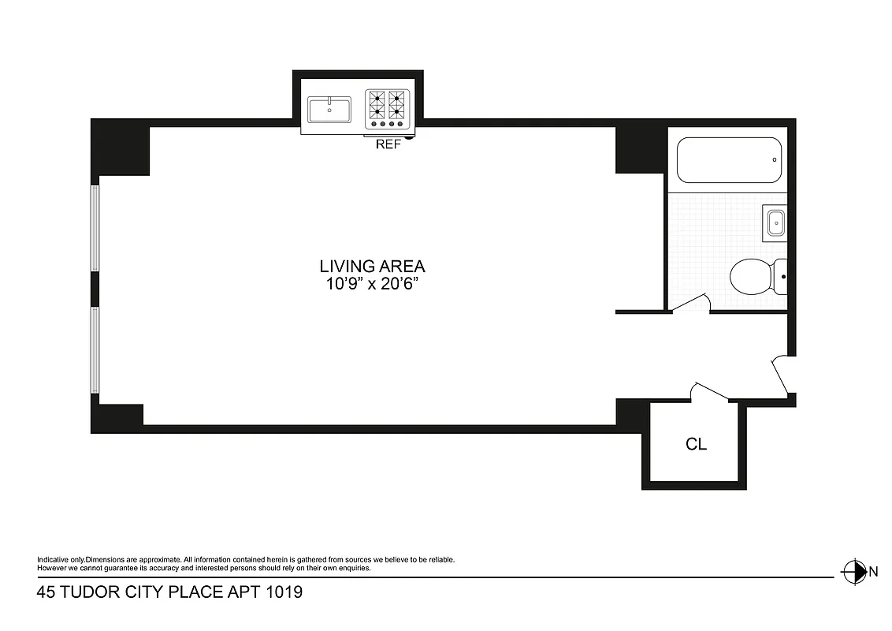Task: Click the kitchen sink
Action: tap(329, 109)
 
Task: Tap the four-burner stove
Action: tap(388, 109)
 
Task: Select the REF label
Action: tap(388, 144)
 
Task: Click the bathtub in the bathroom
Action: tap(729, 160)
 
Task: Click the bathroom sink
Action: tap(775, 222)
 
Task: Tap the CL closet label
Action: tap(696, 444)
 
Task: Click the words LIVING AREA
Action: tap(372, 267)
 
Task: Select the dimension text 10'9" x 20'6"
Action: tap(372, 284)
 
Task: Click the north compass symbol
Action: tap(853, 570)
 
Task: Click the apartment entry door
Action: tap(781, 374)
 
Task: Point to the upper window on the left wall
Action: tap(96, 228)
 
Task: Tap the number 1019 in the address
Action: tap(281, 592)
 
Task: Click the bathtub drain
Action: tap(775, 160)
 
